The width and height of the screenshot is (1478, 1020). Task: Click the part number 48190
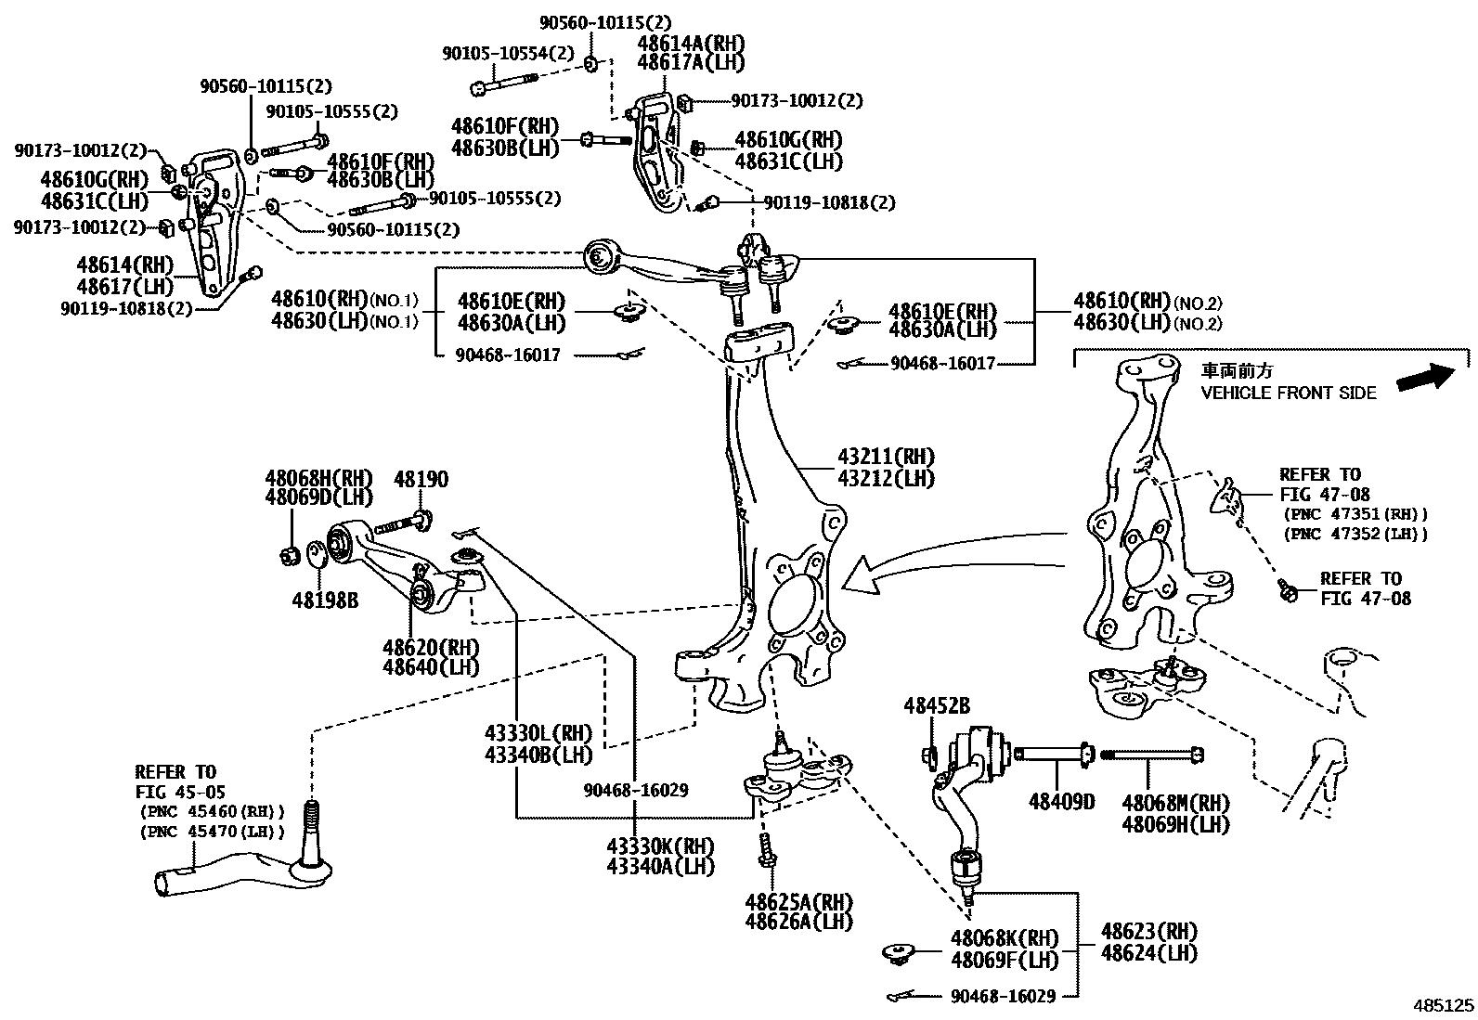tap(421, 479)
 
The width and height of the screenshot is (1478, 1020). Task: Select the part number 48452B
tap(937, 706)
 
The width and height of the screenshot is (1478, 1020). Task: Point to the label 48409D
tap(1061, 801)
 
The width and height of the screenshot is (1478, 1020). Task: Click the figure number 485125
tap(1443, 1005)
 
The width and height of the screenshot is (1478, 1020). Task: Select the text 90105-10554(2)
tap(508, 54)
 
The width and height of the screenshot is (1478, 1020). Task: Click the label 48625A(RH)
tap(797, 901)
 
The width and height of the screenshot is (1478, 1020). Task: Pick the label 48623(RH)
tap(1148, 931)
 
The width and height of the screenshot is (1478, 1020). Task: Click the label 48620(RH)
tap(431, 646)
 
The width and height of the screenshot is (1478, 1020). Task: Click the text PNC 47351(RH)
tap(1355, 513)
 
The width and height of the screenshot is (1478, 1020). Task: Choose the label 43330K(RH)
tap(660, 846)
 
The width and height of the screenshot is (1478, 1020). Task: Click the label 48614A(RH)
tap(691, 43)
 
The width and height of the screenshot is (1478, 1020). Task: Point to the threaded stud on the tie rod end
tap(312, 822)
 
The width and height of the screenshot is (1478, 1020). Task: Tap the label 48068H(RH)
tap(318, 478)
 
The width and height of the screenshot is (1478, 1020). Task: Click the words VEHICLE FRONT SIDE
tap(1288, 393)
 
